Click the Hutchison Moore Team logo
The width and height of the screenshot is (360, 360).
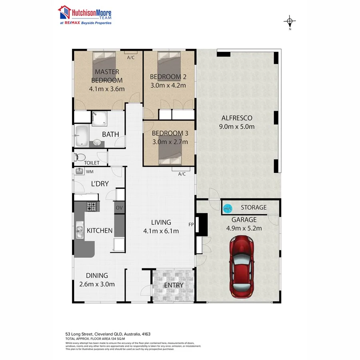(85, 15)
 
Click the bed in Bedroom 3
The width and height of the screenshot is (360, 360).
(170, 153)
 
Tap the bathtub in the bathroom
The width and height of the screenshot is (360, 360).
(82, 136)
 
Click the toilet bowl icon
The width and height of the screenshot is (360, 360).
(80, 157)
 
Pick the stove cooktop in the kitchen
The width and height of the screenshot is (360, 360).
(92, 207)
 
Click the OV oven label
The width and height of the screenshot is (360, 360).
(119, 208)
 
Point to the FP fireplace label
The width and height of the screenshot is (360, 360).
(191, 225)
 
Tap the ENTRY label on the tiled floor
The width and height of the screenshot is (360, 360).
(174, 285)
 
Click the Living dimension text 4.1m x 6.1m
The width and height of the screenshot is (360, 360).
(161, 231)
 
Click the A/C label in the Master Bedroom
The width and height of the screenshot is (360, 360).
(131, 58)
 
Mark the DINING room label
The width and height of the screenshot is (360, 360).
(97, 275)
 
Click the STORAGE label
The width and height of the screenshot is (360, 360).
(253, 207)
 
